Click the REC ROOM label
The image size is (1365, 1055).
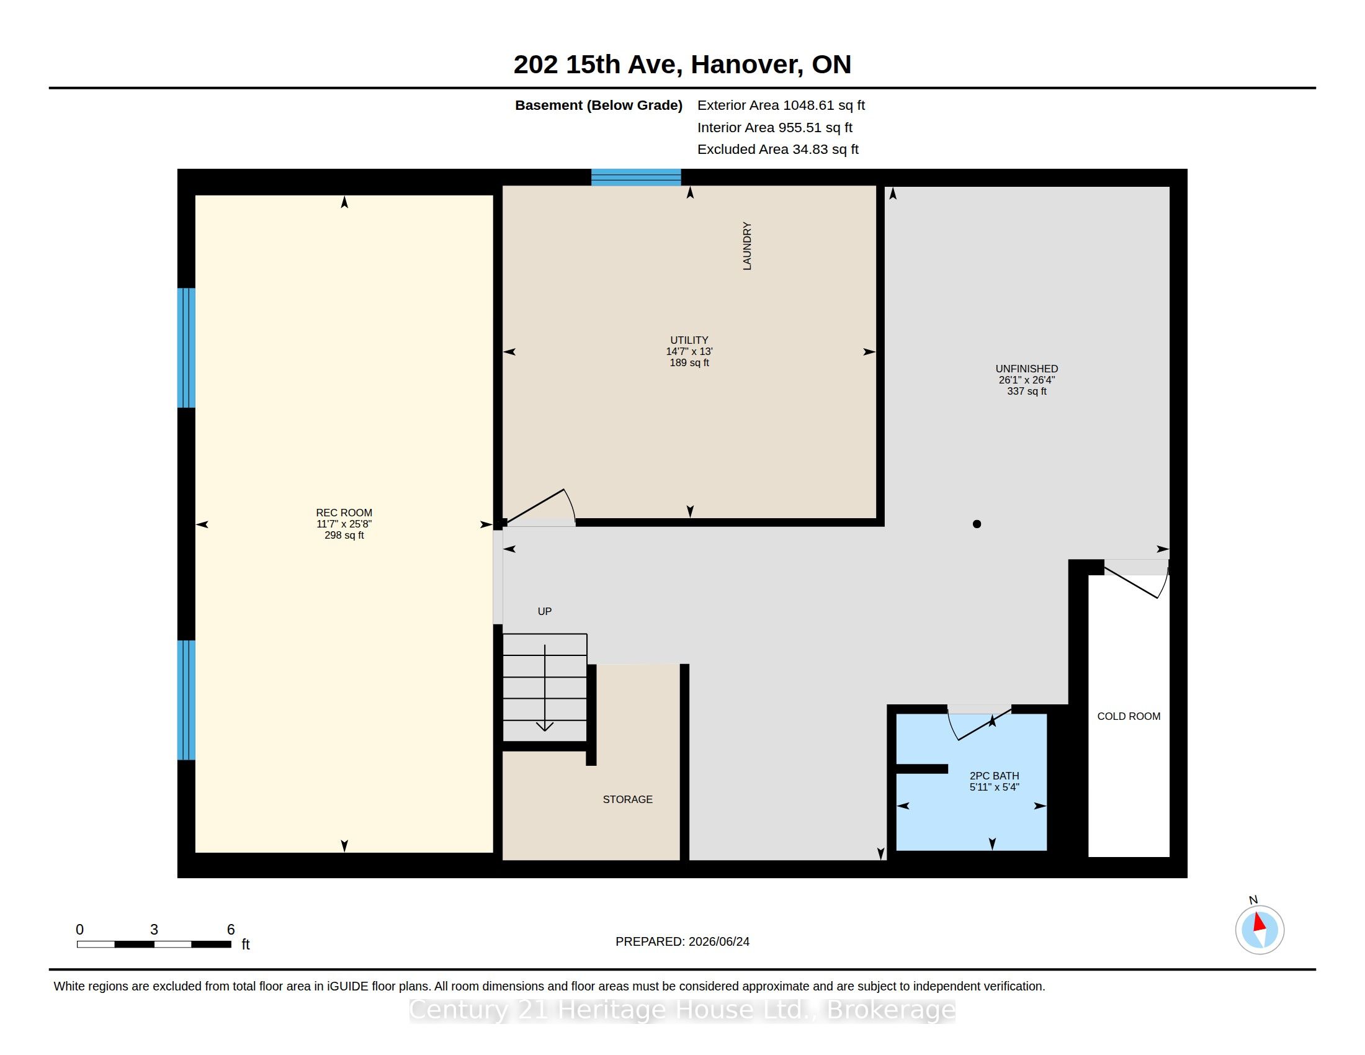point(344,513)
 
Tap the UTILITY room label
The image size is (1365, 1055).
point(689,341)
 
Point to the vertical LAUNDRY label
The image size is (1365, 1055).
point(747,246)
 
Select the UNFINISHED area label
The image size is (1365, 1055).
point(1026,369)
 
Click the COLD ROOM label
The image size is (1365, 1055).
point(1129,716)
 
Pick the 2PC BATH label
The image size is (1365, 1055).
point(995,776)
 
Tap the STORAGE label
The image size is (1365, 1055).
point(627,799)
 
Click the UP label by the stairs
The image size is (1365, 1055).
point(544,611)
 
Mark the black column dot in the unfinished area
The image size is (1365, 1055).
point(977,524)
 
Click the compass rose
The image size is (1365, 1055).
point(1260,930)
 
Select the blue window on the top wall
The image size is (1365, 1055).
point(636,177)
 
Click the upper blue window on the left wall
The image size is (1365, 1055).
point(186,348)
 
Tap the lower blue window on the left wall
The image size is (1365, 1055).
point(186,700)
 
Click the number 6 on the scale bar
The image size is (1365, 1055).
point(231,930)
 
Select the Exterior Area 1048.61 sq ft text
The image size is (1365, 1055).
point(781,105)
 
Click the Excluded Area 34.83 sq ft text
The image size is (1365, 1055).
point(777,150)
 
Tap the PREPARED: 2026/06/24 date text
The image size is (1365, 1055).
point(682,941)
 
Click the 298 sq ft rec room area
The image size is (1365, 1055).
point(344,536)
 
